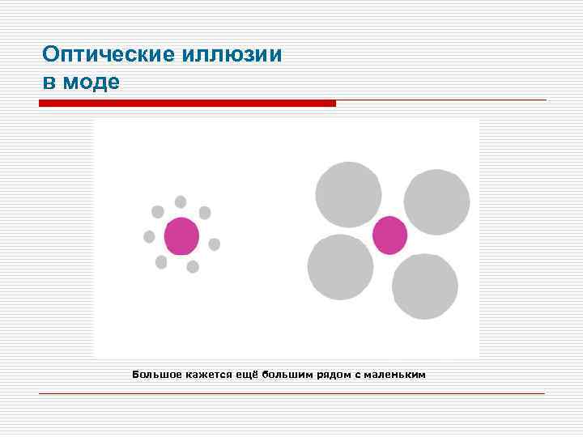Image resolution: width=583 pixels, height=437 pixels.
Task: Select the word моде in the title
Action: pos(91,82)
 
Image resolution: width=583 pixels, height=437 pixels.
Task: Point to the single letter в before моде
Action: pos(49,83)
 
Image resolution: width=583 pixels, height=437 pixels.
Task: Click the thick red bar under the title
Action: pos(187,104)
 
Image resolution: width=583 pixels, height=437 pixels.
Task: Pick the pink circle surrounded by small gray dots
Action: pos(181,236)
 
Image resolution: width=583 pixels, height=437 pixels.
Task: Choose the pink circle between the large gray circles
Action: pos(389,235)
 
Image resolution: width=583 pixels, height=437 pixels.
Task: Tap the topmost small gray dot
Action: pos(181,202)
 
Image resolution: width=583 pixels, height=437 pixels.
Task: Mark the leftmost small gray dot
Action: pos(149,236)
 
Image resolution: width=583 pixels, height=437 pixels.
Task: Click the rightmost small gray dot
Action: pos(215,244)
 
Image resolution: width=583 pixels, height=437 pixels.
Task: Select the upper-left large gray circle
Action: pos(348,194)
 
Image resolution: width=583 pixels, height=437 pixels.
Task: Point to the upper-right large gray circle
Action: pos(436,202)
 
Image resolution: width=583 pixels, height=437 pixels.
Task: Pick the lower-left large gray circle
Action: pos(340,267)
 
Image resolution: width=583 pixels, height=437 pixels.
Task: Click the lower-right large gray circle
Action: pos(425,286)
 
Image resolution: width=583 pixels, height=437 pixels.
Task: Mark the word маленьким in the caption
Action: pos(394,375)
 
